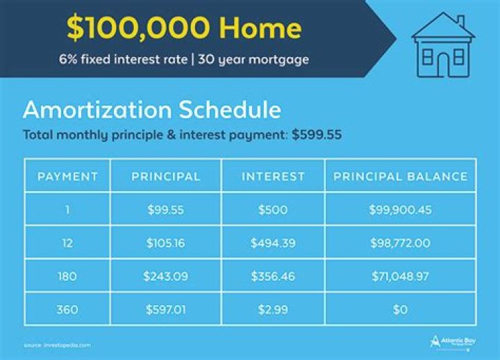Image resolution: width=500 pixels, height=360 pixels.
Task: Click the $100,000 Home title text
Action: pyautogui.click(x=184, y=28)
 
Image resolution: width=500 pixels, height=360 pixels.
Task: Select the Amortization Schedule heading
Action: pyautogui.click(x=152, y=111)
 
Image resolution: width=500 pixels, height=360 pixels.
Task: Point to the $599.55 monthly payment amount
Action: pyautogui.click(x=317, y=135)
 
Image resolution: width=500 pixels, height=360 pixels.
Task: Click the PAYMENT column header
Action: pyautogui.click(x=67, y=177)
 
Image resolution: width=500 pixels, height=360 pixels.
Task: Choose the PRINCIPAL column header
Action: pyautogui.click(x=166, y=177)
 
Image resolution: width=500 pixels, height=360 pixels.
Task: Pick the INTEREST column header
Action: pyautogui.click(x=273, y=177)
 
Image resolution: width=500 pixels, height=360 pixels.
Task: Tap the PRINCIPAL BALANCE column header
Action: pyautogui.click(x=401, y=177)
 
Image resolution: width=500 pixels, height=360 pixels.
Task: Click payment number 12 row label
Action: pyautogui.click(x=67, y=243)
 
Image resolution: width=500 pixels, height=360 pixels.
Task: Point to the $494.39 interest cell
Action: pyautogui.click(x=273, y=243)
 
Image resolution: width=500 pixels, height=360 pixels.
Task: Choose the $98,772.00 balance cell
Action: pyautogui.click(x=401, y=243)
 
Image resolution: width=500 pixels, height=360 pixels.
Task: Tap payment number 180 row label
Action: pyautogui.click(x=67, y=277)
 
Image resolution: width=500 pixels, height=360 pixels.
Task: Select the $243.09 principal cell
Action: pyautogui.click(x=166, y=277)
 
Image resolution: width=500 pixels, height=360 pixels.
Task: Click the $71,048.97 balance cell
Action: pyautogui.click(x=401, y=277)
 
